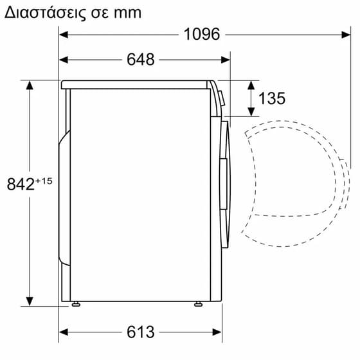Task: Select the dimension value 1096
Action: pyautogui.click(x=201, y=34)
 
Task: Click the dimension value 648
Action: pyautogui.click(x=141, y=60)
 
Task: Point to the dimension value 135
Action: pyautogui.click(x=272, y=98)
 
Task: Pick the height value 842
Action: pyautogui.click(x=20, y=184)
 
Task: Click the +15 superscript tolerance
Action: pyautogui.click(x=44, y=181)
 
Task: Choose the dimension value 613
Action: pyautogui.click(x=141, y=332)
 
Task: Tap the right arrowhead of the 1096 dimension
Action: pyautogui.click(x=346, y=35)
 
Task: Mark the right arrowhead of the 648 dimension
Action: pyautogui.click(x=226, y=60)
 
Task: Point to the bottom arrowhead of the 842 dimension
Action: pyautogui.click(x=29, y=302)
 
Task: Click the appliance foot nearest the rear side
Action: pyautogui.click(x=76, y=303)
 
